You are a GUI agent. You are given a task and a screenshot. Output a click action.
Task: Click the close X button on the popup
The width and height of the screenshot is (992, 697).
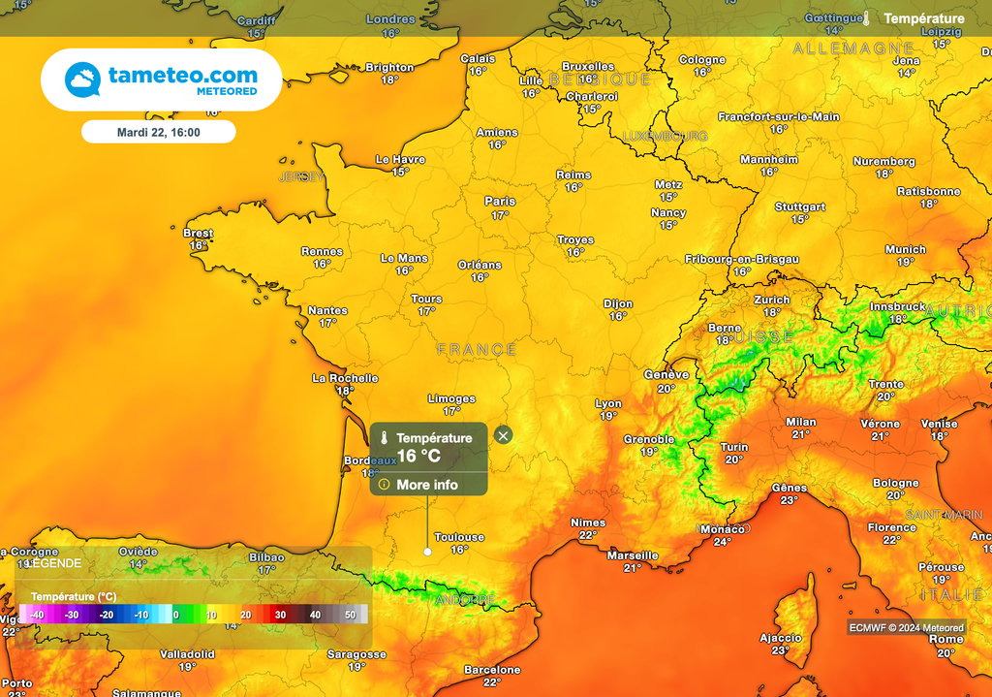pyautogui.click(x=502, y=435)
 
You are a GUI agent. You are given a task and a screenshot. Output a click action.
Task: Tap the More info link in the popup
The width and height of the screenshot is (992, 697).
pyautogui.click(x=426, y=484)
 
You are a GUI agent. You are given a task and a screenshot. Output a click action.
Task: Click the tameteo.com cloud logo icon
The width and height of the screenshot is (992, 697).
pyautogui.click(x=82, y=79)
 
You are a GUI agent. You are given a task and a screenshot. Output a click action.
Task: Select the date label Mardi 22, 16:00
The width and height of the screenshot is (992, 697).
pyautogui.click(x=158, y=131)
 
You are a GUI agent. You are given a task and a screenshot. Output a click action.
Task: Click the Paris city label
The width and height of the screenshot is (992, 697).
pyautogui.click(x=500, y=202)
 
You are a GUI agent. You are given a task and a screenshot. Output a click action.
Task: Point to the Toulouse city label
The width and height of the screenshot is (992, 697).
pyautogui.click(x=458, y=537)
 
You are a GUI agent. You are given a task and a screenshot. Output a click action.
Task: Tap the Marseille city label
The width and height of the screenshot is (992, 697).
pyautogui.click(x=632, y=555)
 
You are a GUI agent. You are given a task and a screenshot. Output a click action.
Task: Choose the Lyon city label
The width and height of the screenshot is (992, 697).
pyautogui.click(x=608, y=403)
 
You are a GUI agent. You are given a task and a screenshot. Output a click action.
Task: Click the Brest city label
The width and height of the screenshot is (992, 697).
pyautogui.click(x=198, y=233)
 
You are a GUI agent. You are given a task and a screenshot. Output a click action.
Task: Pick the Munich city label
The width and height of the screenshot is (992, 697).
pyautogui.click(x=905, y=250)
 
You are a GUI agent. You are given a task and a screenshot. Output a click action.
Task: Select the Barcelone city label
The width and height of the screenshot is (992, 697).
pyautogui.click(x=492, y=670)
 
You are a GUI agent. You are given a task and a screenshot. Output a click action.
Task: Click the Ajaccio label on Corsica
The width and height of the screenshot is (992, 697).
pyautogui.click(x=780, y=638)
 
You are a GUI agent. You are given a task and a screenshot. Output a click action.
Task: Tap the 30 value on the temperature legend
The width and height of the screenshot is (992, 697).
pyautogui.click(x=279, y=615)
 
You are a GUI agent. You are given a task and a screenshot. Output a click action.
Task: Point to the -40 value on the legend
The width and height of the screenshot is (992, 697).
pyautogui.click(x=36, y=615)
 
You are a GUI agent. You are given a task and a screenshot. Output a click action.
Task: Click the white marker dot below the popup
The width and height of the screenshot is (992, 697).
pyautogui.click(x=427, y=552)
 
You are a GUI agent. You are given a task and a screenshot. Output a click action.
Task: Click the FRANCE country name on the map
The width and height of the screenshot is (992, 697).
pyautogui.click(x=477, y=349)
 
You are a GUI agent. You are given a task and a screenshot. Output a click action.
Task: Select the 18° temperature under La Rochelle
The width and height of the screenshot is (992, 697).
pyautogui.click(x=345, y=391)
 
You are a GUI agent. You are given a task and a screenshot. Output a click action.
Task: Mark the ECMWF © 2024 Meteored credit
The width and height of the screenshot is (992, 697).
pyautogui.click(x=906, y=627)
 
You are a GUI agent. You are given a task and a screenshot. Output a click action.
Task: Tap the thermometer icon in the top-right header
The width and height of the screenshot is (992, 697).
pyautogui.click(x=867, y=18)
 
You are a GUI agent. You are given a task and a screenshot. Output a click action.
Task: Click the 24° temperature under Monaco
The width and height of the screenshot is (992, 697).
pyautogui.click(x=722, y=542)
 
